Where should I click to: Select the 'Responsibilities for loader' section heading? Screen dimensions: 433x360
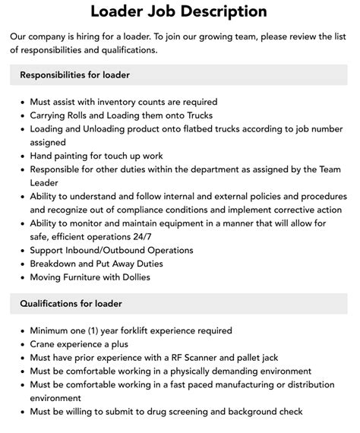click(75, 74)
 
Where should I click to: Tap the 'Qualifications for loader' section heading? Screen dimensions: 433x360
click(71, 304)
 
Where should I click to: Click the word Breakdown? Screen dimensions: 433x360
click(55, 264)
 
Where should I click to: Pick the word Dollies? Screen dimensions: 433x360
click(132, 277)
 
